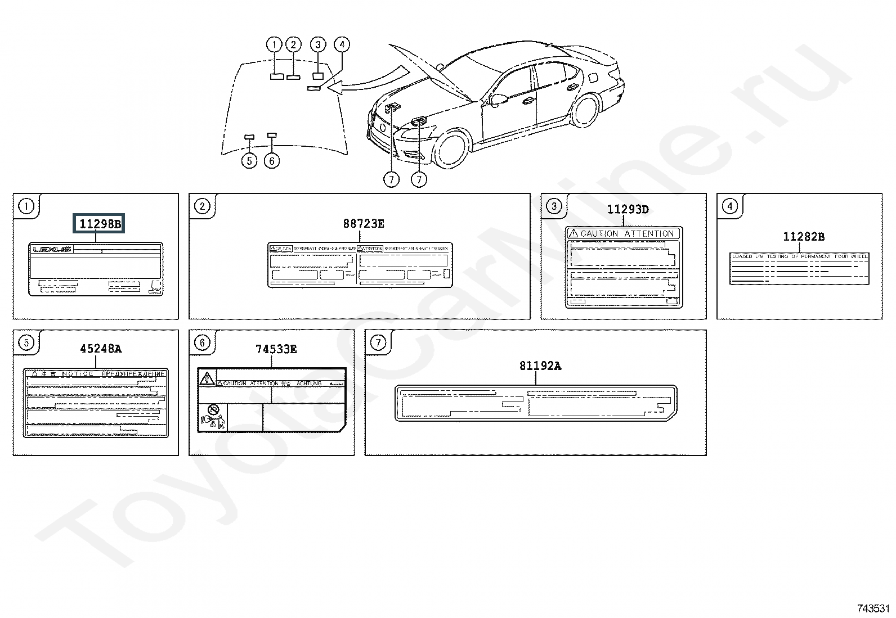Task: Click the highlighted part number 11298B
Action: [100, 224]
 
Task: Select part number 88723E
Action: [364, 224]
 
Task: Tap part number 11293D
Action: [628, 210]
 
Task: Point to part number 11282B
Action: [804, 237]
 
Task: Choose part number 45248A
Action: [101, 349]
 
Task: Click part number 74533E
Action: [276, 349]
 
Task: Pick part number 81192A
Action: [540, 366]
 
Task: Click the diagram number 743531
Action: [873, 608]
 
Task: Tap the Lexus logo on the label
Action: [52, 249]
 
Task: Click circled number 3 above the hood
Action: [318, 44]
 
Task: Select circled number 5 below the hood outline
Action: [249, 161]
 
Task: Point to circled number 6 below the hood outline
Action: [272, 161]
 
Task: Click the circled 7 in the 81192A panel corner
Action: [378, 342]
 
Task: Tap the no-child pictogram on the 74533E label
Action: [212, 409]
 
